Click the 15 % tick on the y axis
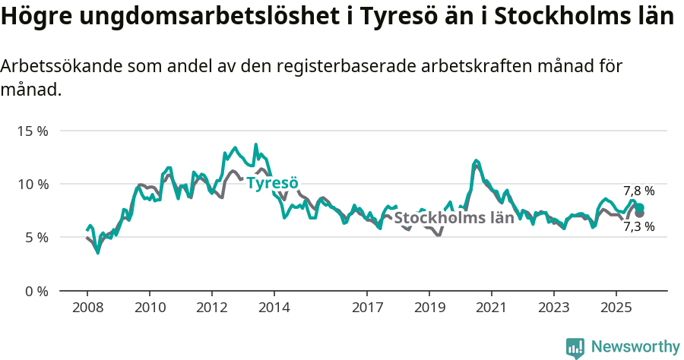click(33, 131)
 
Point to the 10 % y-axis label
click(33, 184)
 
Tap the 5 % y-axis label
click(36, 237)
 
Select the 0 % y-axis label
click(36, 291)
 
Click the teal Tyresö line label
click(272, 183)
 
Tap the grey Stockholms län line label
click(454, 219)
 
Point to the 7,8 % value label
click(638, 191)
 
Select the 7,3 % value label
click(638, 226)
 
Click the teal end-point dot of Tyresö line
click(640, 207)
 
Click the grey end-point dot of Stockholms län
click(640, 213)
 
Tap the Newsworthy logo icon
click(575, 347)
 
